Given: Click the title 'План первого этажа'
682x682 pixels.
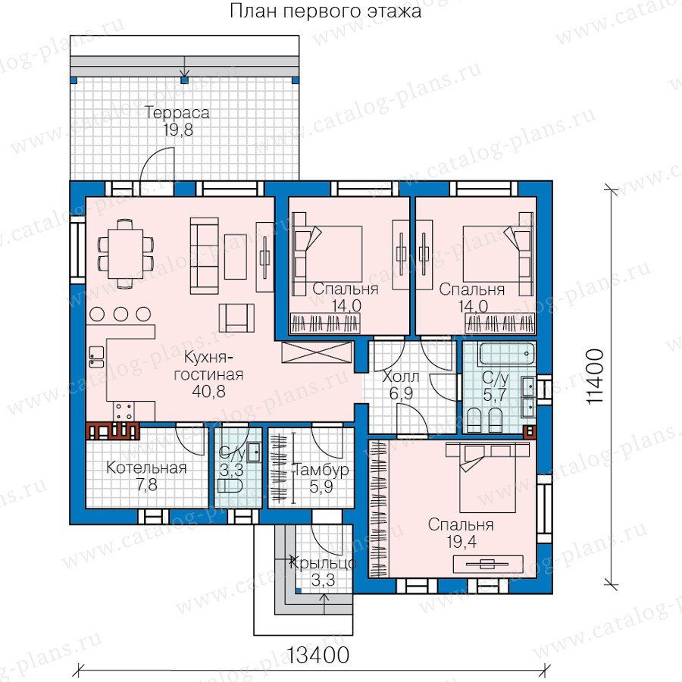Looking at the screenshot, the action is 325,11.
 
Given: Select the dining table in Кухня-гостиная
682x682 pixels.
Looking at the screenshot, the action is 125,254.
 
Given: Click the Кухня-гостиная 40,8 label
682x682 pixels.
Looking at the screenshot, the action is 208,374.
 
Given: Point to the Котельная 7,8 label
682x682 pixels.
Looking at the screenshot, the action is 146,476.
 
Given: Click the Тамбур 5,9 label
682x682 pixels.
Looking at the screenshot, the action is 322,478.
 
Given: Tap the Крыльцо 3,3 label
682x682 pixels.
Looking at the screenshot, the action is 322,571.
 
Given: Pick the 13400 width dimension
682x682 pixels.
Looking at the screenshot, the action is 318,655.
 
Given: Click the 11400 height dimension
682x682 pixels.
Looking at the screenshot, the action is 595,377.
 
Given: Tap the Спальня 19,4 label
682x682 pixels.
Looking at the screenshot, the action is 461,533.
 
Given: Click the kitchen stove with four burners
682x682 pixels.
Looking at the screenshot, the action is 124,411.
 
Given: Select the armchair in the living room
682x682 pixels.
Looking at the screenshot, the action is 236,318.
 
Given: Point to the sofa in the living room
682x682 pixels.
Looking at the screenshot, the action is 205,256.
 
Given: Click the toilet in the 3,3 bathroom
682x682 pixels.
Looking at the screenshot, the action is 229,486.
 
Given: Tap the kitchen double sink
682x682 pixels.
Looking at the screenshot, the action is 96,357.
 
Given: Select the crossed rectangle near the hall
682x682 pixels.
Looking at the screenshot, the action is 316,352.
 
